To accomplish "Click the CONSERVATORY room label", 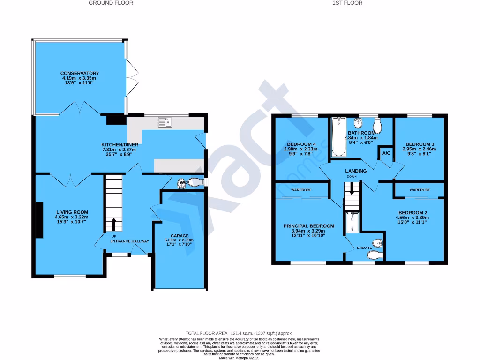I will point(80,74).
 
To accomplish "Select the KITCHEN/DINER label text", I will point(120,144).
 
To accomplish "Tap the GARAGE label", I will point(179,236).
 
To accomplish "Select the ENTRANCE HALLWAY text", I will point(129,241).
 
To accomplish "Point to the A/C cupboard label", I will point(386,153).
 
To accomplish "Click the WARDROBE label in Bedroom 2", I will point(420,190).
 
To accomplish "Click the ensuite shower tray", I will point(351,223).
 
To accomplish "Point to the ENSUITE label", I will point(364,247).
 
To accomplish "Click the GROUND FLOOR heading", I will point(111,3).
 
